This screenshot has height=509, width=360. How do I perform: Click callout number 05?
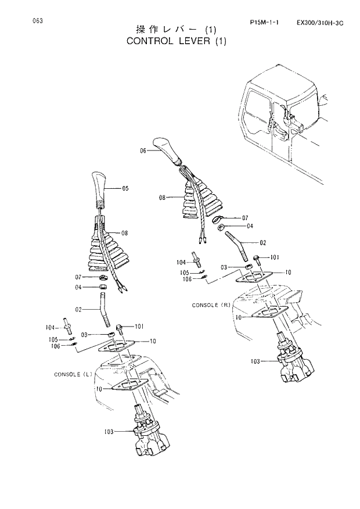(x=125, y=188)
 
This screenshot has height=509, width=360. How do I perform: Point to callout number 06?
(x=143, y=150)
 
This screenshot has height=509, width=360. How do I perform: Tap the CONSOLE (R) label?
(x=211, y=305)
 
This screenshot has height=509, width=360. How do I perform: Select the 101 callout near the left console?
(x=141, y=326)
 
